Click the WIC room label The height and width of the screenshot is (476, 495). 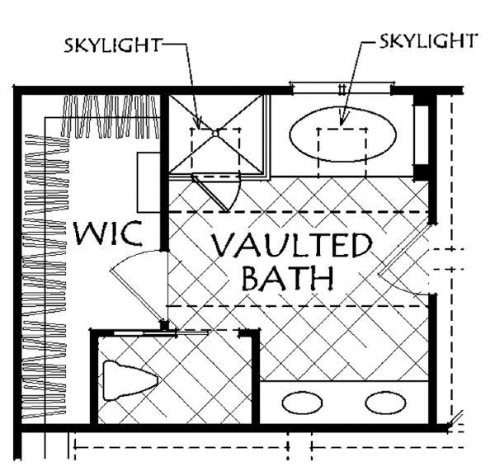pos(108,233)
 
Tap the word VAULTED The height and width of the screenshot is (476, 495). pos(291,245)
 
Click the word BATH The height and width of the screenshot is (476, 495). pos(288,278)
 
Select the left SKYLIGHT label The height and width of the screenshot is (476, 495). pos(113,45)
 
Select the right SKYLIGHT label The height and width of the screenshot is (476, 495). pos(427,41)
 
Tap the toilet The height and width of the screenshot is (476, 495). pos(130,380)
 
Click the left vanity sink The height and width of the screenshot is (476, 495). pos(302,403)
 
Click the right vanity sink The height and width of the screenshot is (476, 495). pos(385,403)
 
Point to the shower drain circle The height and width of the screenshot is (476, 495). pos(215,134)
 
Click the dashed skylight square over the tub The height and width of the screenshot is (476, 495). pos(342,153)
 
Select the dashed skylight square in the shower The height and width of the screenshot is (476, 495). pos(215,153)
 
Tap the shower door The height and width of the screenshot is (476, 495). pos(210,194)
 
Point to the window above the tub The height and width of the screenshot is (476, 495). pos(342,88)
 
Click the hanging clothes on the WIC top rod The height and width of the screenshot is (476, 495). pos(111,117)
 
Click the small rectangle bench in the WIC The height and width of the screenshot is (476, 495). pos(148,182)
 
